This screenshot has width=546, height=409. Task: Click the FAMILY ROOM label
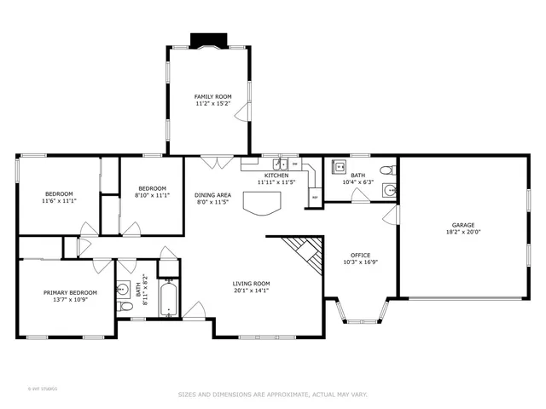(212, 98)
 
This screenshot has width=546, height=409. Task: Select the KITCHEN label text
(276, 176)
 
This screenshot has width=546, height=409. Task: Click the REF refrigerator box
(315, 198)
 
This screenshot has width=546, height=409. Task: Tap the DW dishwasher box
(295, 164)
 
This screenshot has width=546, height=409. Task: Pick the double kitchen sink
(278, 164)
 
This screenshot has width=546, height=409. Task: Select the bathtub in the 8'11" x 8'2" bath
(167, 301)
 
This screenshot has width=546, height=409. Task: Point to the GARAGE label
(463, 226)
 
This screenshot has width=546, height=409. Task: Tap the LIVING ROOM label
(252, 284)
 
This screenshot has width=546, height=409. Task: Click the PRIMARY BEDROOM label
(70, 292)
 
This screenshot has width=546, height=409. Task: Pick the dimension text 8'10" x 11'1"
(153, 195)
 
